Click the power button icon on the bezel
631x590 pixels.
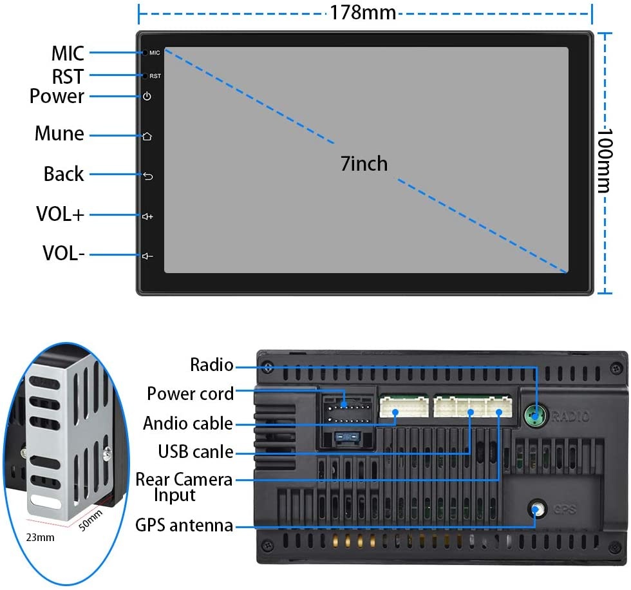tap(147, 97)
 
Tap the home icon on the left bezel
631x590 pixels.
tap(147, 136)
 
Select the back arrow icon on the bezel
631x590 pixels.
tap(147, 176)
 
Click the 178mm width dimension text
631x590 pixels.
tap(363, 12)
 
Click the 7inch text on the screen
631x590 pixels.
tap(364, 164)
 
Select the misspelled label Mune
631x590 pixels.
tap(59, 134)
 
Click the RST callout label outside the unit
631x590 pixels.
tap(68, 77)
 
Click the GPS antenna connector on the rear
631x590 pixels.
tap(536, 510)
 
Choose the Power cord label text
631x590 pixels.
tap(190, 393)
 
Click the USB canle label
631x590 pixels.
tap(195, 452)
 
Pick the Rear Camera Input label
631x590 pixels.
tap(184, 487)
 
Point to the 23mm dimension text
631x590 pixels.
tap(41, 537)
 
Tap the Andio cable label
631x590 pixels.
tap(187, 423)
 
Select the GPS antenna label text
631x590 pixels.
tap(184, 525)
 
